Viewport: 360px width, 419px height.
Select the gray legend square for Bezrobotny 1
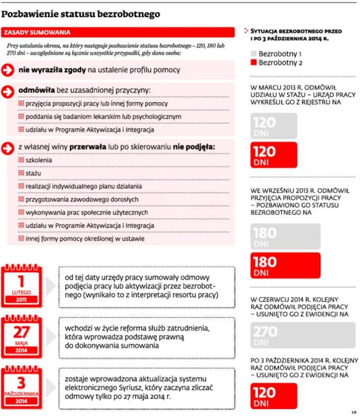pyautogui.click(x=253, y=54)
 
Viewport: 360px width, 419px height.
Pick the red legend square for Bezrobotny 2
pyautogui.click(x=253, y=63)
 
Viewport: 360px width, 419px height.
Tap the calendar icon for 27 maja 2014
pyautogui.click(x=21, y=335)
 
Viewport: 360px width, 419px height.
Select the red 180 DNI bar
pyautogui.click(x=285, y=265)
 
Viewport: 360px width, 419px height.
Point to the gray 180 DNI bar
pyautogui.click(x=285, y=237)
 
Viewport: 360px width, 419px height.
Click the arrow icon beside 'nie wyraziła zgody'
pyautogui.click(x=8, y=70)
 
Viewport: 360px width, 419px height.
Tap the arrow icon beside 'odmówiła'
pyautogui.click(x=8, y=91)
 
